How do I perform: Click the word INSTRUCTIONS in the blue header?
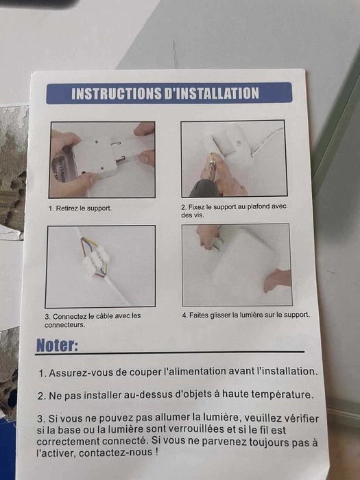tap(117, 93)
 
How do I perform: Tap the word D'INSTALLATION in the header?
tap(212, 93)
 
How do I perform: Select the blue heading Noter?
tap(57, 346)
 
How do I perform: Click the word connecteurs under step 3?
tap(64, 325)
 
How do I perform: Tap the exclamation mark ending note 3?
tap(157, 452)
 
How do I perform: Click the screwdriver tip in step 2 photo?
tap(212, 155)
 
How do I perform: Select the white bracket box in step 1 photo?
tap(93, 157)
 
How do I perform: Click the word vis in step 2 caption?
tap(197, 215)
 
